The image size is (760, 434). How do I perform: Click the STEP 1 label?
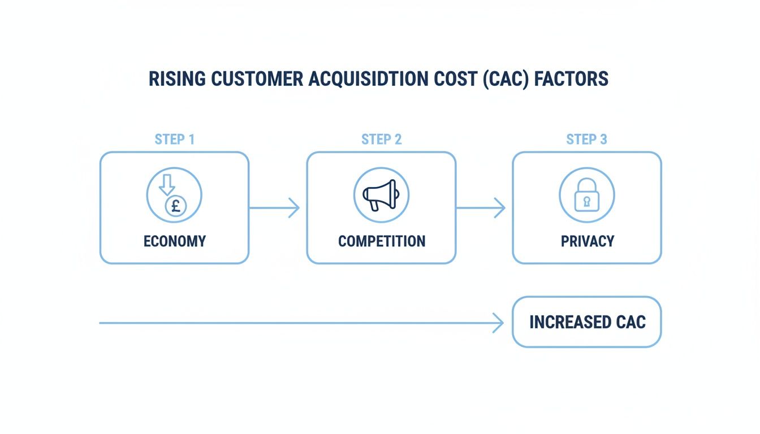(x=174, y=140)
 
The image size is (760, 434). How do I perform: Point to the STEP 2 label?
(x=381, y=140)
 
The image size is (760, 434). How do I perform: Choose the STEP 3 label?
(x=586, y=140)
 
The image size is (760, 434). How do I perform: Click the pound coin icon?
(x=176, y=206)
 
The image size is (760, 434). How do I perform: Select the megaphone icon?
(x=380, y=196)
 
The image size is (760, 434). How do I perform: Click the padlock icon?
(x=586, y=196)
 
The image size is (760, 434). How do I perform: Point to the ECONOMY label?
(x=174, y=241)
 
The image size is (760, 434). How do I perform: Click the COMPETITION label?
(x=381, y=241)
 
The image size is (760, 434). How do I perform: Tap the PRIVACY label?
(x=587, y=241)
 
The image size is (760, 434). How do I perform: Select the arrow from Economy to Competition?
(x=274, y=208)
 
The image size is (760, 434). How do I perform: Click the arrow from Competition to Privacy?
(x=481, y=208)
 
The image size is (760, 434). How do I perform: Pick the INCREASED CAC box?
(x=586, y=322)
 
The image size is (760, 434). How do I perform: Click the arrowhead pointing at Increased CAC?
(x=498, y=323)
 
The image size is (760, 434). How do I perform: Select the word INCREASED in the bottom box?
(x=567, y=322)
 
